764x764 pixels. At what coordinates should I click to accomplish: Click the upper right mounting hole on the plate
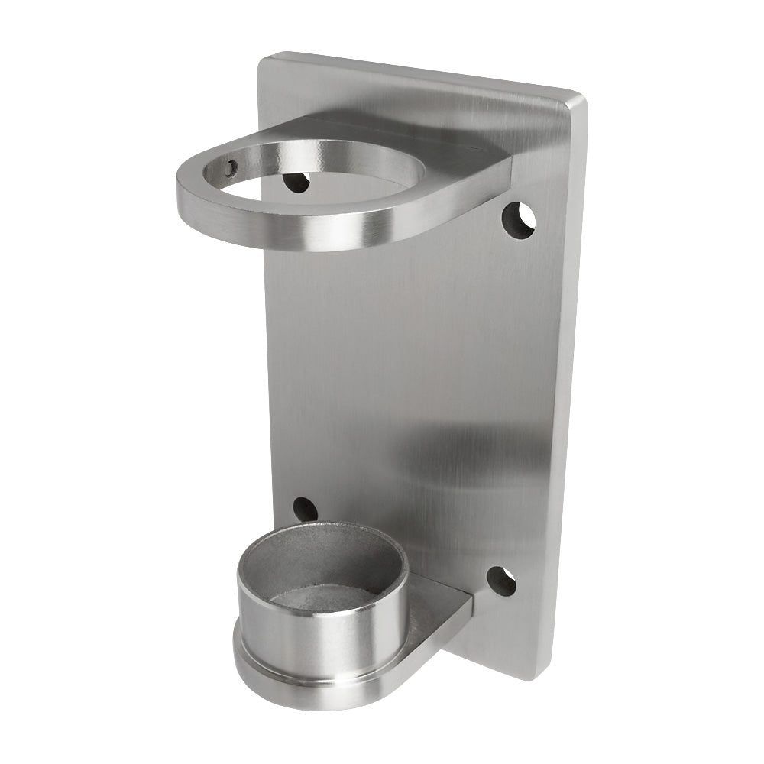pyautogui.click(x=518, y=220)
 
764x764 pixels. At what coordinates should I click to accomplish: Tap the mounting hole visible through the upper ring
pyautogui.click(x=296, y=182)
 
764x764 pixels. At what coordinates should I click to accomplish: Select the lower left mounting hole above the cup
pyautogui.click(x=305, y=509)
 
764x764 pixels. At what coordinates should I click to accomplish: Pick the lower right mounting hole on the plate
pyautogui.click(x=501, y=581)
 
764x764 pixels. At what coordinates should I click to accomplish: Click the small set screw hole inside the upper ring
pyautogui.click(x=231, y=167)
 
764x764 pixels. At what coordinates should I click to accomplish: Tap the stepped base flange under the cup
pyautogui.click(x=306, y=688)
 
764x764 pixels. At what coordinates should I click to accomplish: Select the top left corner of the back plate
pyautogui.click(x=264, y=57)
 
